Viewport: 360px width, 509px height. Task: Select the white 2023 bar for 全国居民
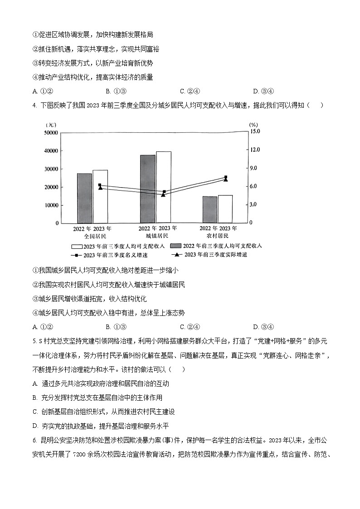click(100, 197)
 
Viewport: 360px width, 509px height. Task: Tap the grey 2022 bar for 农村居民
click(209, 210)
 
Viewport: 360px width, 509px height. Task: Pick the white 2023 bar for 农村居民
click(225, 209)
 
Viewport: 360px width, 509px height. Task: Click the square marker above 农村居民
click(226, 177)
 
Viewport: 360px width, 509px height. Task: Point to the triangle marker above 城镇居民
click(163, 194)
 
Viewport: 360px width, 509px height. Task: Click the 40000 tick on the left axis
click(50, 150)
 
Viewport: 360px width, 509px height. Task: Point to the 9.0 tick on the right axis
click(252, 168)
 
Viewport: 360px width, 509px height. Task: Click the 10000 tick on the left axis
click(50, 205)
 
